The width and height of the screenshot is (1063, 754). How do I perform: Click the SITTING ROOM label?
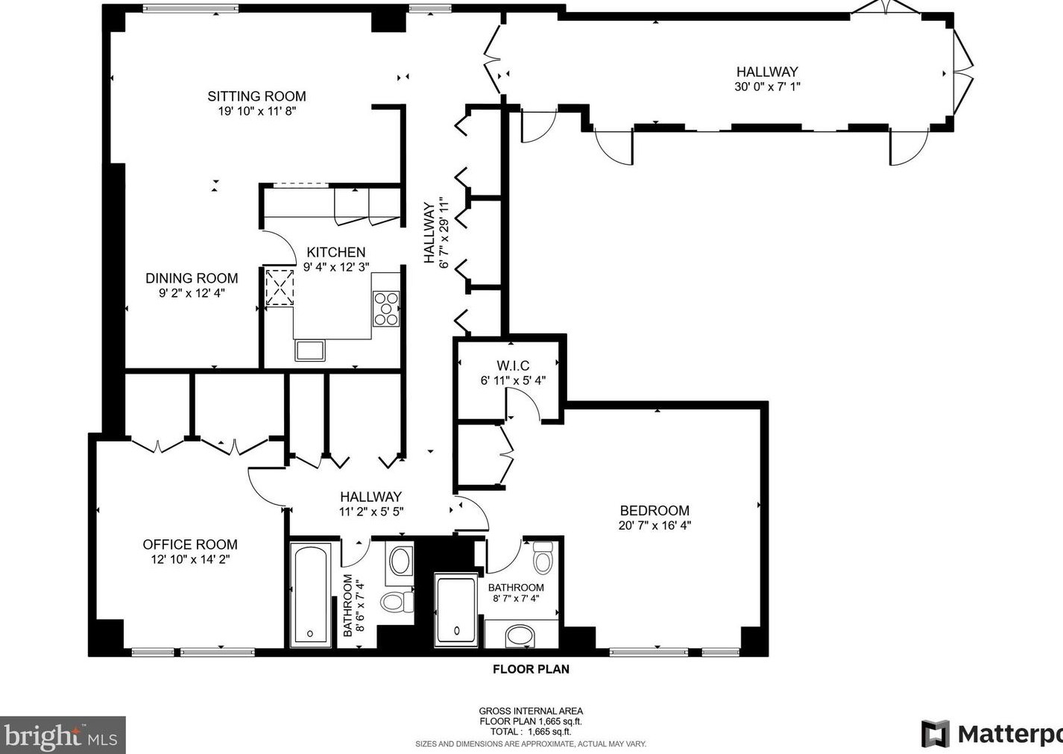coord(256,96)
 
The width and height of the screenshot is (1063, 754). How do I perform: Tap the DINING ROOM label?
coord(192,278)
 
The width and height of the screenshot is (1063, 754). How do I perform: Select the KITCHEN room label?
coord(336,252)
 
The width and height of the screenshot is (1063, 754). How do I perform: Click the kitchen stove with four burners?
coord(386,309)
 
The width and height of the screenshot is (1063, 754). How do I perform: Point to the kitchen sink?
coord(309,350)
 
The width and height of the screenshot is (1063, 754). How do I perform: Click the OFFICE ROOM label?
coord(190,544)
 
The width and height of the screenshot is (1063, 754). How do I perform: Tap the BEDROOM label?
coord(654,511)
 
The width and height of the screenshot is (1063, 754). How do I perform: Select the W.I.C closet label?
coord(513,365)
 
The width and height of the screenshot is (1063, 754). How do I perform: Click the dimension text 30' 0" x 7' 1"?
coord(767,87)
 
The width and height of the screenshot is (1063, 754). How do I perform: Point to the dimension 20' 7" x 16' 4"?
coord(654,525)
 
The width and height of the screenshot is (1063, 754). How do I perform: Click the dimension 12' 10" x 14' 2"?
coord(190,559)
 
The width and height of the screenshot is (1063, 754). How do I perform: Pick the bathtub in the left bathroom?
coord(310,594)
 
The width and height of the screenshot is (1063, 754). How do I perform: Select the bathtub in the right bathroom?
coord(455,609)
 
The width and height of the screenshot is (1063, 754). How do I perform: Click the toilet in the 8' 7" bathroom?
coord(543,557)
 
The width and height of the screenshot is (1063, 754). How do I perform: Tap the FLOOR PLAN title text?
coord(531,669)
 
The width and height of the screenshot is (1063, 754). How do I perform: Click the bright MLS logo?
coord(62,736)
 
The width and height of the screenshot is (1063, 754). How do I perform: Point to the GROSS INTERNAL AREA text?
coord(531,711)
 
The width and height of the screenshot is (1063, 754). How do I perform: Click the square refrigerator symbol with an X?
coord(280,288)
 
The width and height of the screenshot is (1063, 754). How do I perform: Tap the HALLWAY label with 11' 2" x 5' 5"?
coord(370,497)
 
